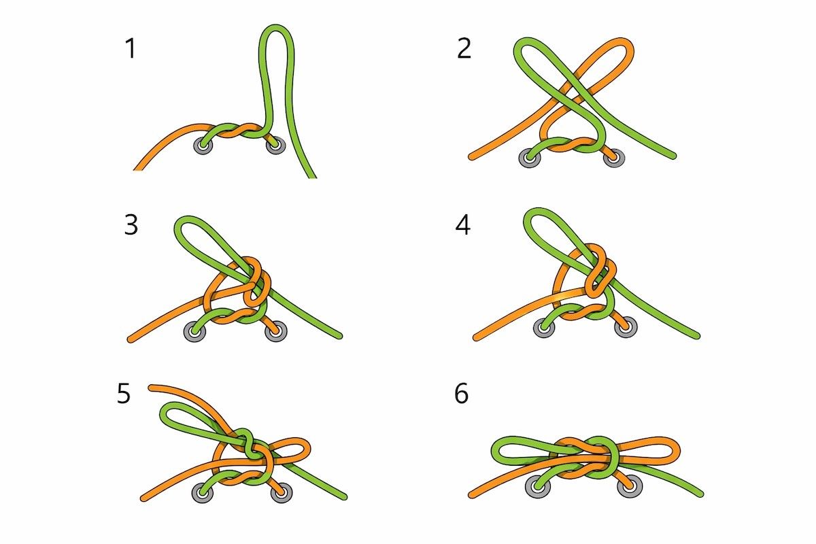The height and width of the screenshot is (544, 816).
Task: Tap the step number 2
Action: (x=464, y=48)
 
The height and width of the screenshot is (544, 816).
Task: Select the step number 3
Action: (x=131, y=224)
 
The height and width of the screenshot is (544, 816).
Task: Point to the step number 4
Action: (x=462, y=224)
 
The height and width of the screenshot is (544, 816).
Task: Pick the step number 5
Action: (x=124, y=394)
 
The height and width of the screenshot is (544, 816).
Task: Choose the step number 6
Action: (x=462, y=394)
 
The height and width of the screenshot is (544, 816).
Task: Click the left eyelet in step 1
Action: (x=203, y=146)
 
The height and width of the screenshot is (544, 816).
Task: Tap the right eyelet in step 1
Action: (x=275, y=146)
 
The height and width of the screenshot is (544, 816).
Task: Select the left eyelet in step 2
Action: (x=528, y=158)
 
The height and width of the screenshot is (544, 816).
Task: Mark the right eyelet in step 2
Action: (x=614, y=158)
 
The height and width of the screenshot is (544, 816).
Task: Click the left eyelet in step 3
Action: (x=194, y=332)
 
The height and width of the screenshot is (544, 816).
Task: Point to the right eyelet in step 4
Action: (x=626, y=327)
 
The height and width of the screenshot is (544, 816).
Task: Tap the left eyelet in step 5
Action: (x=203, y=493)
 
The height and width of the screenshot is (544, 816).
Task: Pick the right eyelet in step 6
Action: (x=630, y=486)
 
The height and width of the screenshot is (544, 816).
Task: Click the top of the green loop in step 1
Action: (x=276, y=27)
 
